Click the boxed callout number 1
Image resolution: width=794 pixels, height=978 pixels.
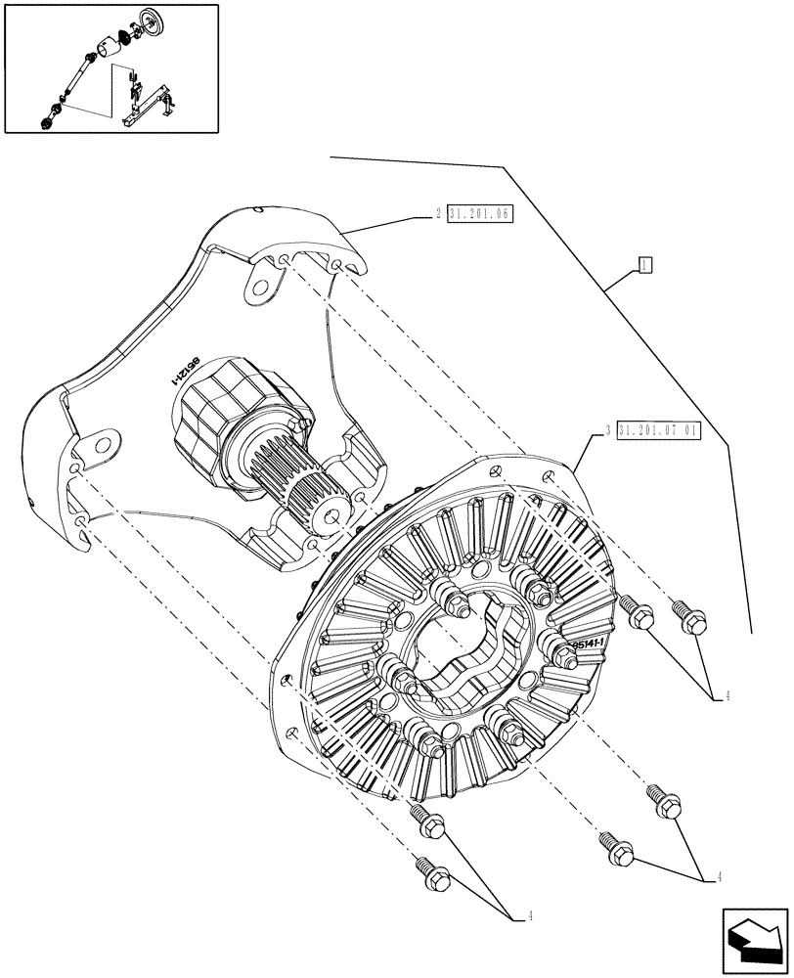click(x=644, y=264)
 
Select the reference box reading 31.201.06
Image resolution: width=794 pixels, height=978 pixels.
click(x=480, y=213)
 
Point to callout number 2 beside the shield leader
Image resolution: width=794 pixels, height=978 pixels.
click(x=439, y=213)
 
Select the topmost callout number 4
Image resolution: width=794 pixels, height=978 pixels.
click(x=728, y=695)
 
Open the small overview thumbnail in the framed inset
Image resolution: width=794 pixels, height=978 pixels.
click(x=110, y=68)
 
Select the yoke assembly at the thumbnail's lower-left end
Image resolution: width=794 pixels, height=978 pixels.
click(x=48, y=118)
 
